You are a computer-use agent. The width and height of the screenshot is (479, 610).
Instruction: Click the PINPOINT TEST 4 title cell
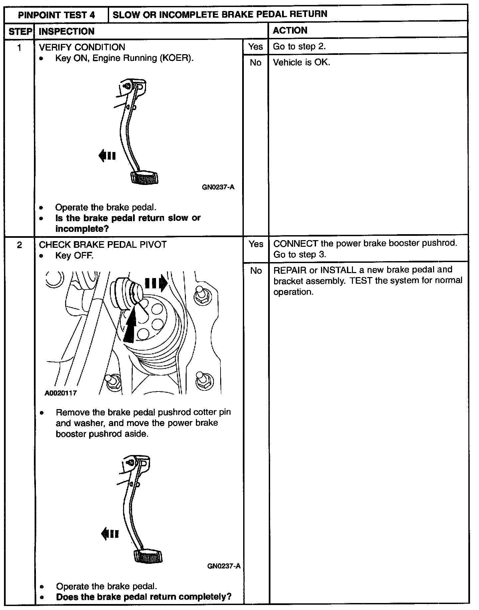[x=57, y=15]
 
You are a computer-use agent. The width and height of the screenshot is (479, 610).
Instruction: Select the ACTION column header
[x=290, y=31]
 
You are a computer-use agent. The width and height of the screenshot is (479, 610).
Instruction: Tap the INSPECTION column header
[x=67, y=32]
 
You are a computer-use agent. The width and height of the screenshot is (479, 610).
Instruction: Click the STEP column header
[x=20, y=32]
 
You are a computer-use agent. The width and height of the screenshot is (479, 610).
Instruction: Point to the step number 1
[x=19, y=48]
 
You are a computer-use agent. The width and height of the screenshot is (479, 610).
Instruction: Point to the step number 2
[x=19, y=245]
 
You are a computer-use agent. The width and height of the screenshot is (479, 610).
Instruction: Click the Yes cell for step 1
[x=255, y=47]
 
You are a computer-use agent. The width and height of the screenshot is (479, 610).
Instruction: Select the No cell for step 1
[x=255, y=63]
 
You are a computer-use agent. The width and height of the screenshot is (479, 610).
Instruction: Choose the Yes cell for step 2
[x=256, y=244]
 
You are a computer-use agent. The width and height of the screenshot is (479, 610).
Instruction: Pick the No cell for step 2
[x=256, y=271]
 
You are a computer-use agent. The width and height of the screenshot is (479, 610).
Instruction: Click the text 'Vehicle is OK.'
[x=301, y=63]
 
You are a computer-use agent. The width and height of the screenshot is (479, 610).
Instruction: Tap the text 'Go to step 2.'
[x=299, y=47]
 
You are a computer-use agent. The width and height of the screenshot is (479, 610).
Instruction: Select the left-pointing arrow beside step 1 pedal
[x=107, y=155]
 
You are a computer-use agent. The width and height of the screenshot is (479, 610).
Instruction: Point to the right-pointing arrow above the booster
[x=156, y=283]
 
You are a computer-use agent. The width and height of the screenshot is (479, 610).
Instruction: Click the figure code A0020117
[x=61, y=393]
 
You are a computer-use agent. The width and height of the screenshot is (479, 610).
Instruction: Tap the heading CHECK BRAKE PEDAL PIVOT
[x=103, y=245]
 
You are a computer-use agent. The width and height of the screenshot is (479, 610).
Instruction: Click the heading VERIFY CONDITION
[x=82, y=47]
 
